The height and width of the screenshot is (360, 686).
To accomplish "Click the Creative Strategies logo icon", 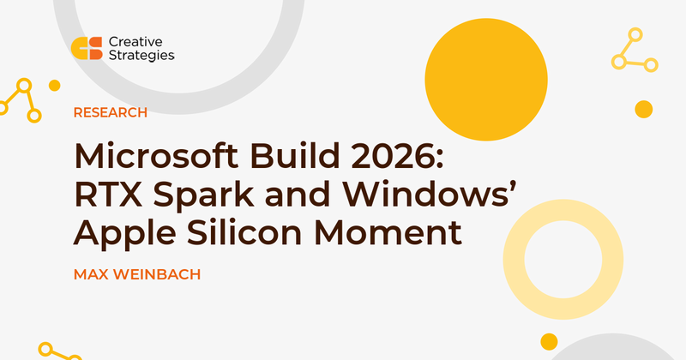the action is click(87, 48).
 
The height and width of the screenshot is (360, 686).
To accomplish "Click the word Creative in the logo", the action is click(135, 42).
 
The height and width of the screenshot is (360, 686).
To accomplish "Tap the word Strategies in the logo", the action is click(141, 56).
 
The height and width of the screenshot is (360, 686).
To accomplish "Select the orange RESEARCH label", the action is click(111, 112).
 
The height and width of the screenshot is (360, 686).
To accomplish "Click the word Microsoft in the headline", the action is click(157, 156).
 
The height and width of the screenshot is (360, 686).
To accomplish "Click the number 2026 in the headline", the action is click(397, 156).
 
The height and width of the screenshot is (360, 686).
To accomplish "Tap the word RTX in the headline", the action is click(109, 195).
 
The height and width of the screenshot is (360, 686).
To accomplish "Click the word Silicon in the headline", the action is click(244, 232).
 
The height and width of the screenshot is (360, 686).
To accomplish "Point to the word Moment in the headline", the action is click(388, 233).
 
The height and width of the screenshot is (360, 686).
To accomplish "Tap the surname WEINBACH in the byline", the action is click(157, 274).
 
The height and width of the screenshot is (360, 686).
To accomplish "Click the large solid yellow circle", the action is click(486, 80).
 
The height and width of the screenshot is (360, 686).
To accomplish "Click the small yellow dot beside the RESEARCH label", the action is click(54, 86).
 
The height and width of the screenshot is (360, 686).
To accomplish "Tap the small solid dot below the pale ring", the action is click(549, 342).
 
